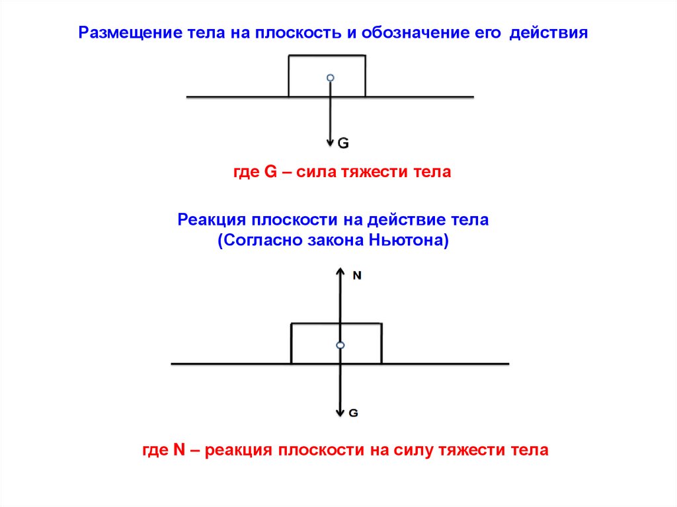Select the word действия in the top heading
click(x=548, y=33)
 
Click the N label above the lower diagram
click(x=357, y=276)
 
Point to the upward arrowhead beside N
click(x=340, y=272)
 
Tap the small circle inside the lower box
click(x=340, y=346)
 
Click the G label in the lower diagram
click(x=353, y=412)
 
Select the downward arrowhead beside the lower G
click(x=340, y=412)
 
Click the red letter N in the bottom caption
click(x=178, y=451)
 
